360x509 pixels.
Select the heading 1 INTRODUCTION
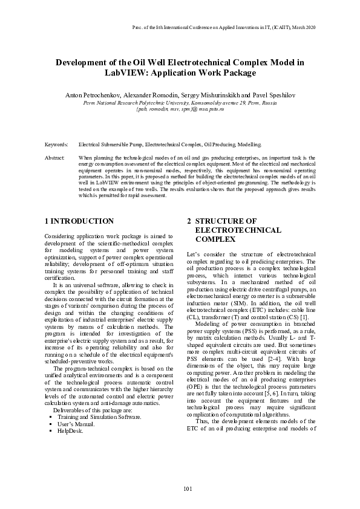point(79,222)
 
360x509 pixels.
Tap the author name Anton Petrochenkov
point(94,96)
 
